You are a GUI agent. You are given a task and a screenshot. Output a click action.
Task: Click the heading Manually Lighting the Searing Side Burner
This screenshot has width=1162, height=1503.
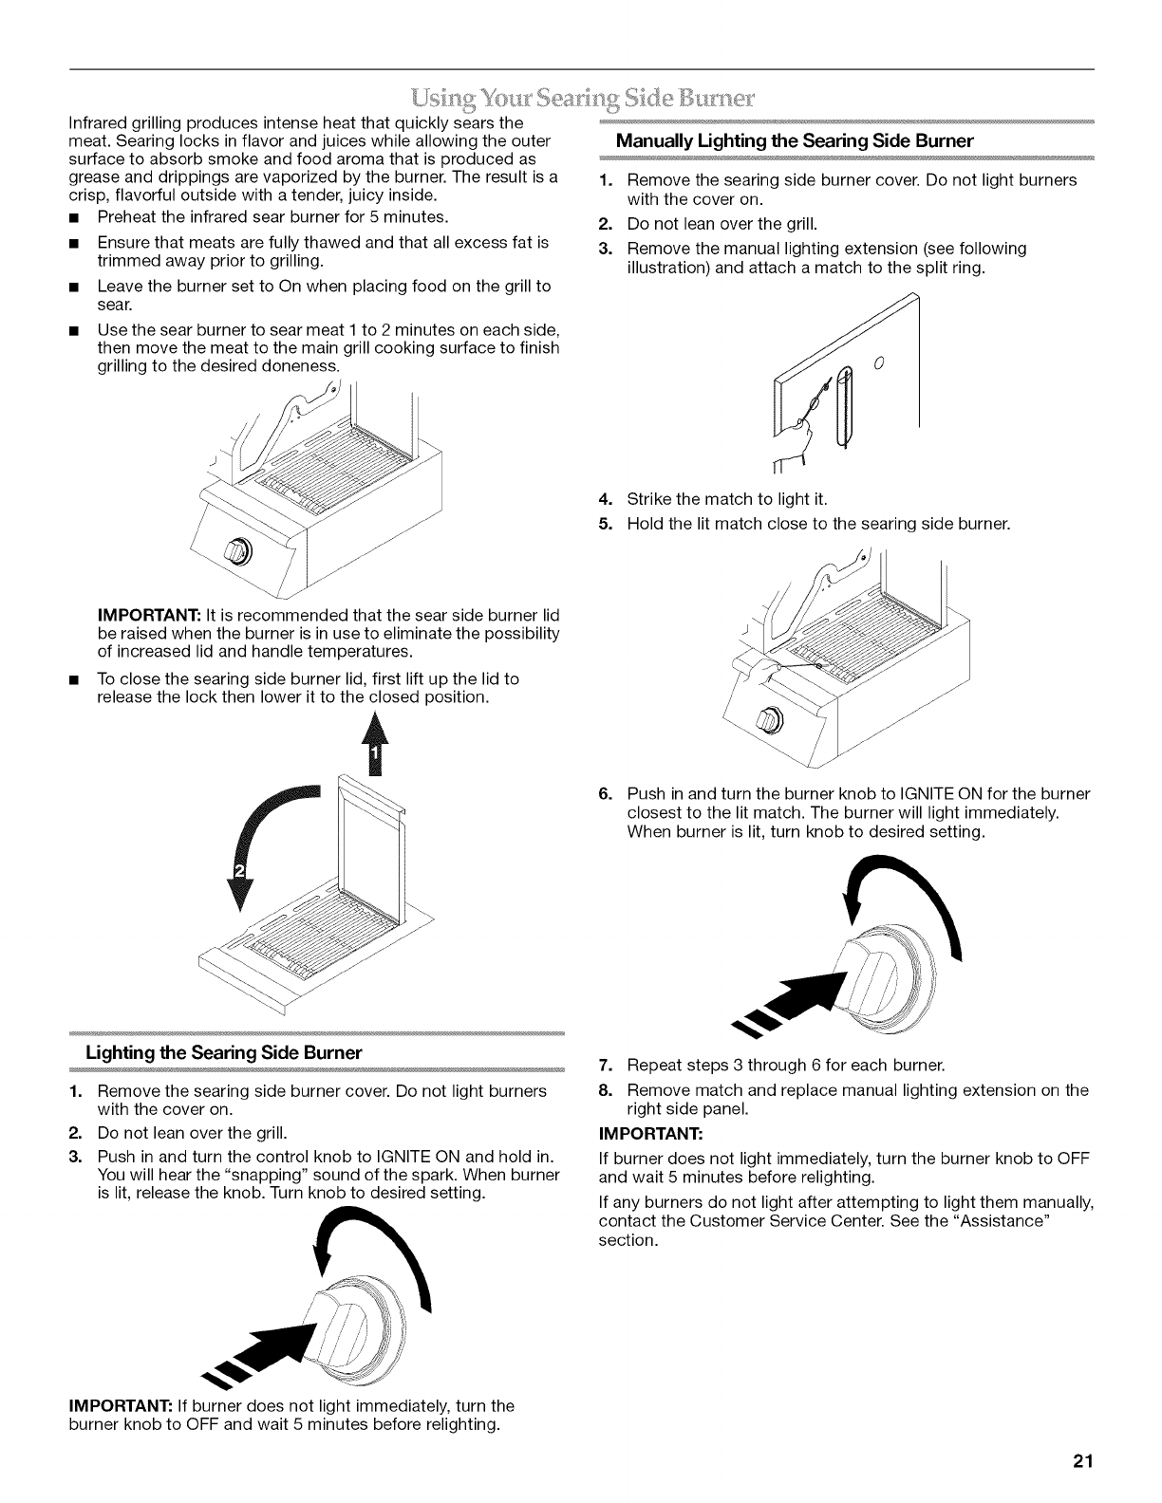(795, 140)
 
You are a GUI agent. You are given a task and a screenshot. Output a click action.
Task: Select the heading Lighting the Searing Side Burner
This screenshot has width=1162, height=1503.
(224, 1053)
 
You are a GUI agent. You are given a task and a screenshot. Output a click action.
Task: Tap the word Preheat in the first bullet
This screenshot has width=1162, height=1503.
(126, 217)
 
